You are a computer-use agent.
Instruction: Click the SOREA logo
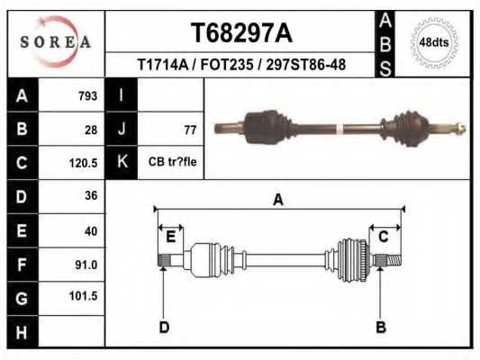(56, 42)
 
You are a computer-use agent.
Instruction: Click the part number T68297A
(241, 33)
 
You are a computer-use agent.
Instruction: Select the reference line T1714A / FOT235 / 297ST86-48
(241, 66)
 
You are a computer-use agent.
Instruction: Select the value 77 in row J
(189, 130)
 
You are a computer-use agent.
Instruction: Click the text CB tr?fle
(173, 162)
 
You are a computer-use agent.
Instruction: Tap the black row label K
(121, 163)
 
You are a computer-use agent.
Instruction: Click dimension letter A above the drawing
(278, 200)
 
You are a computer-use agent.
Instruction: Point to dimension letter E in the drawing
(170, 237)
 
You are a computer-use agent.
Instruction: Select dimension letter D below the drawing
(164, 327)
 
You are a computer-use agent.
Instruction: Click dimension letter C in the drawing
(383, 237)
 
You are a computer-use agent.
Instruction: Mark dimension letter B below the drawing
(381, 327)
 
